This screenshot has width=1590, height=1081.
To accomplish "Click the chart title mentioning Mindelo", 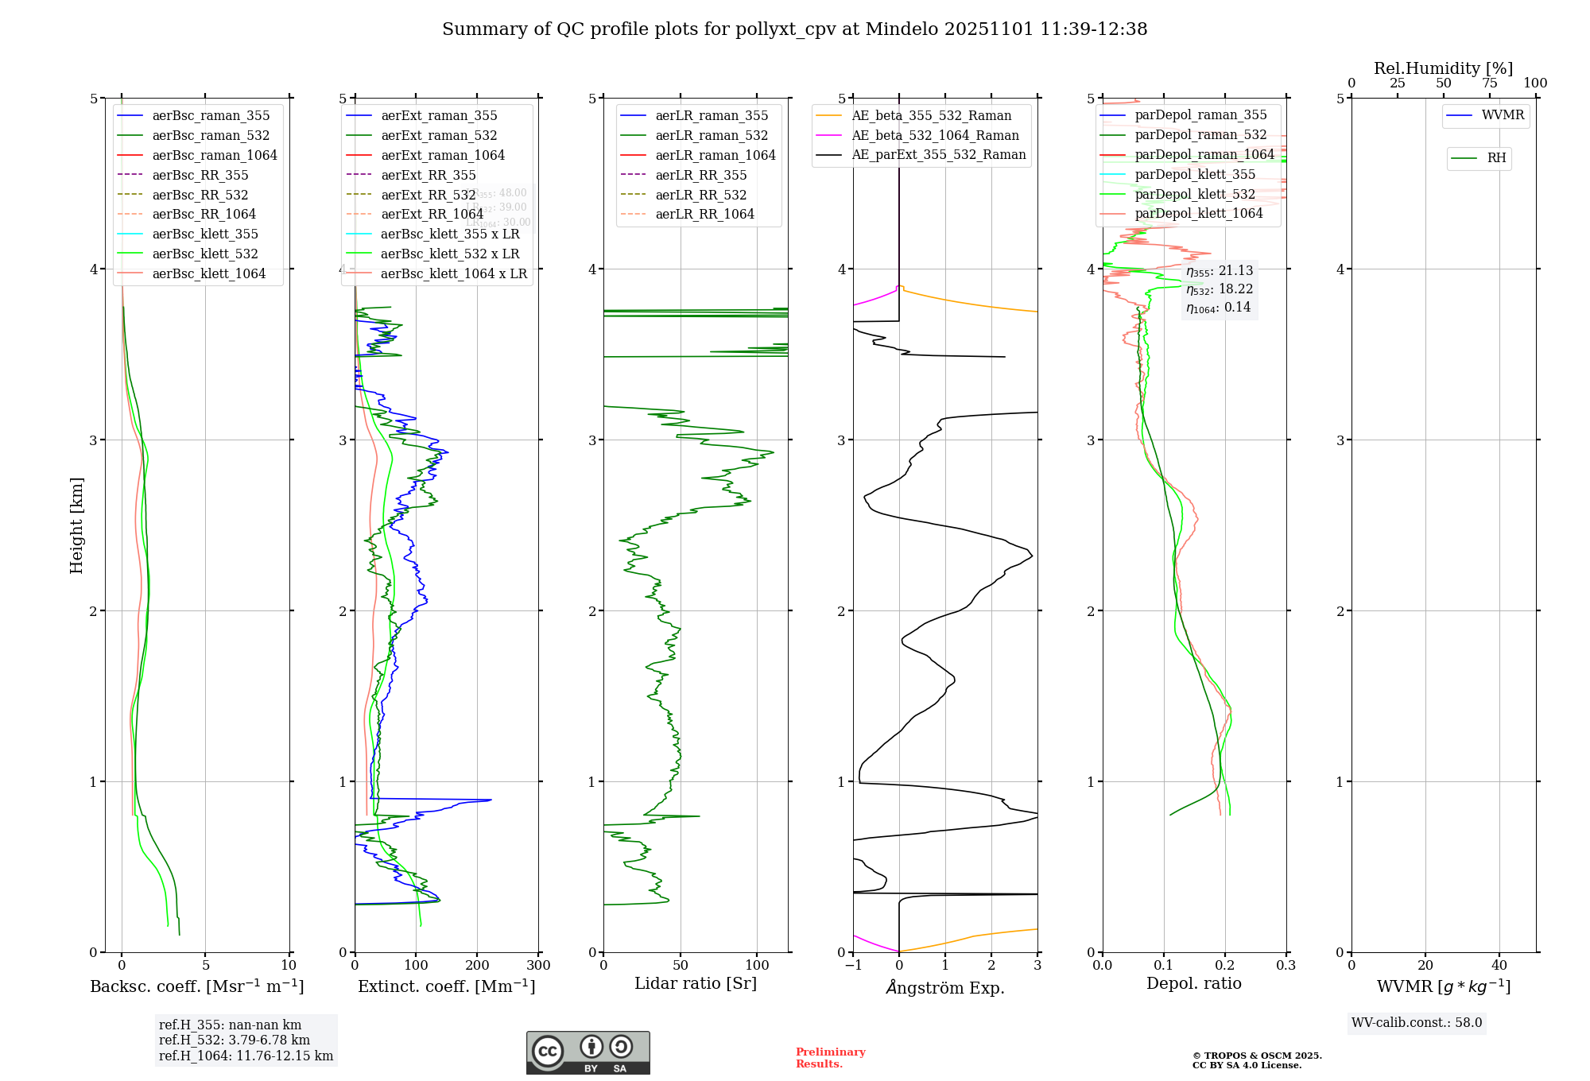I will coord(794,29).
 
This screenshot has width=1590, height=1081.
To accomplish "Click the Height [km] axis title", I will coord(76,525).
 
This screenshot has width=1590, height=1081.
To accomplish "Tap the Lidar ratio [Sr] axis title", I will coord(696,984).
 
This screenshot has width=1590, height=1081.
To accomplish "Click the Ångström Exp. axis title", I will coord(945,988).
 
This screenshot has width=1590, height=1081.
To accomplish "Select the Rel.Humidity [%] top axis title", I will coord(1443,68).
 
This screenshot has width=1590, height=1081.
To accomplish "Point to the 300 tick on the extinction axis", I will coord(539,966).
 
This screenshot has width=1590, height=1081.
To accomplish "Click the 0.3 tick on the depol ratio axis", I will coord(1286,966).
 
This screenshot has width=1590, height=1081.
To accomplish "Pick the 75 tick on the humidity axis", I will coord(1490,83).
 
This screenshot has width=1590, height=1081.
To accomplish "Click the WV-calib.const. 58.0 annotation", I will coord(1417,1023).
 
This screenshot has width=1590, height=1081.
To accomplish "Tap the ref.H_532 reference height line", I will coord(235,1040).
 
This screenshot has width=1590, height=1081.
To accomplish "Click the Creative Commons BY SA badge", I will coord(588,1052).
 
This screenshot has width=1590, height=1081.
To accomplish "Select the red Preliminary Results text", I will coord(830,1058).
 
